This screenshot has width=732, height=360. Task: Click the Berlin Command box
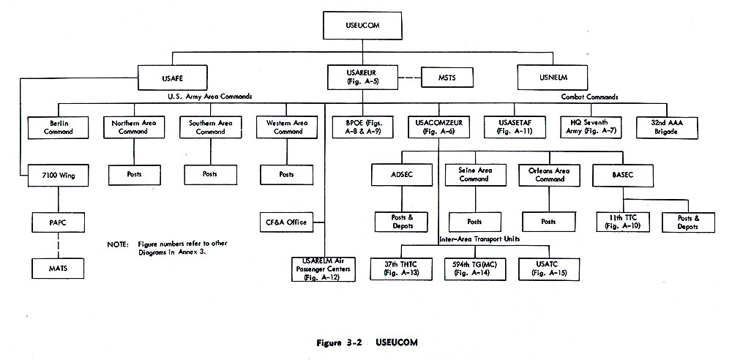pyautogui.click(x=59, y=127)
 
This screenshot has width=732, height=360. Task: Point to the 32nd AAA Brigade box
pyautogui.click(x=668, y=127)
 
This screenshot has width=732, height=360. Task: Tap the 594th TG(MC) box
pyautogui.click(x=474, y=269)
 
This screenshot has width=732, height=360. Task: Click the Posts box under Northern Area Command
pyautogui.click(x=135, y=175)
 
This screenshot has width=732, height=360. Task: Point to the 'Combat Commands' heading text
pyautogui.click(x=589, y=97)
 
